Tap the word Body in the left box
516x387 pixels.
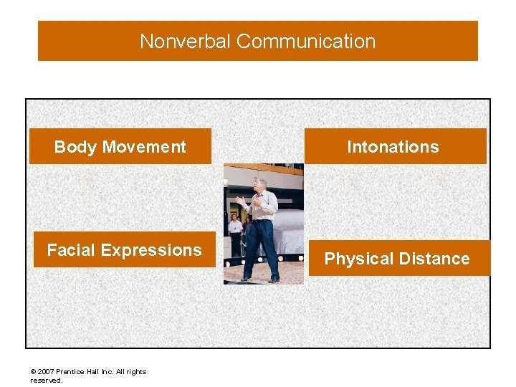(x=76, y=147)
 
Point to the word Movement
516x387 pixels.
(x=144, y=147)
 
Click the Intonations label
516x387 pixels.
(x=393, y=147)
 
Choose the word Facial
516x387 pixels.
(x=72, y=250)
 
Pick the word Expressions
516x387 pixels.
(x=151, y=250)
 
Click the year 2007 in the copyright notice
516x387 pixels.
(x=45, y=372)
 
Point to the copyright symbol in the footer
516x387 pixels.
(x=33, y=372)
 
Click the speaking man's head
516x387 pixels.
(x=259, y=183)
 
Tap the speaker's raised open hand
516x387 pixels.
(x=240, y=200)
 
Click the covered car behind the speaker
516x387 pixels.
(x=287, y=229)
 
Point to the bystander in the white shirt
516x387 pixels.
(x=234, y=228)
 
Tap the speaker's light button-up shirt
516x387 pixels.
(x=262, y=206)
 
